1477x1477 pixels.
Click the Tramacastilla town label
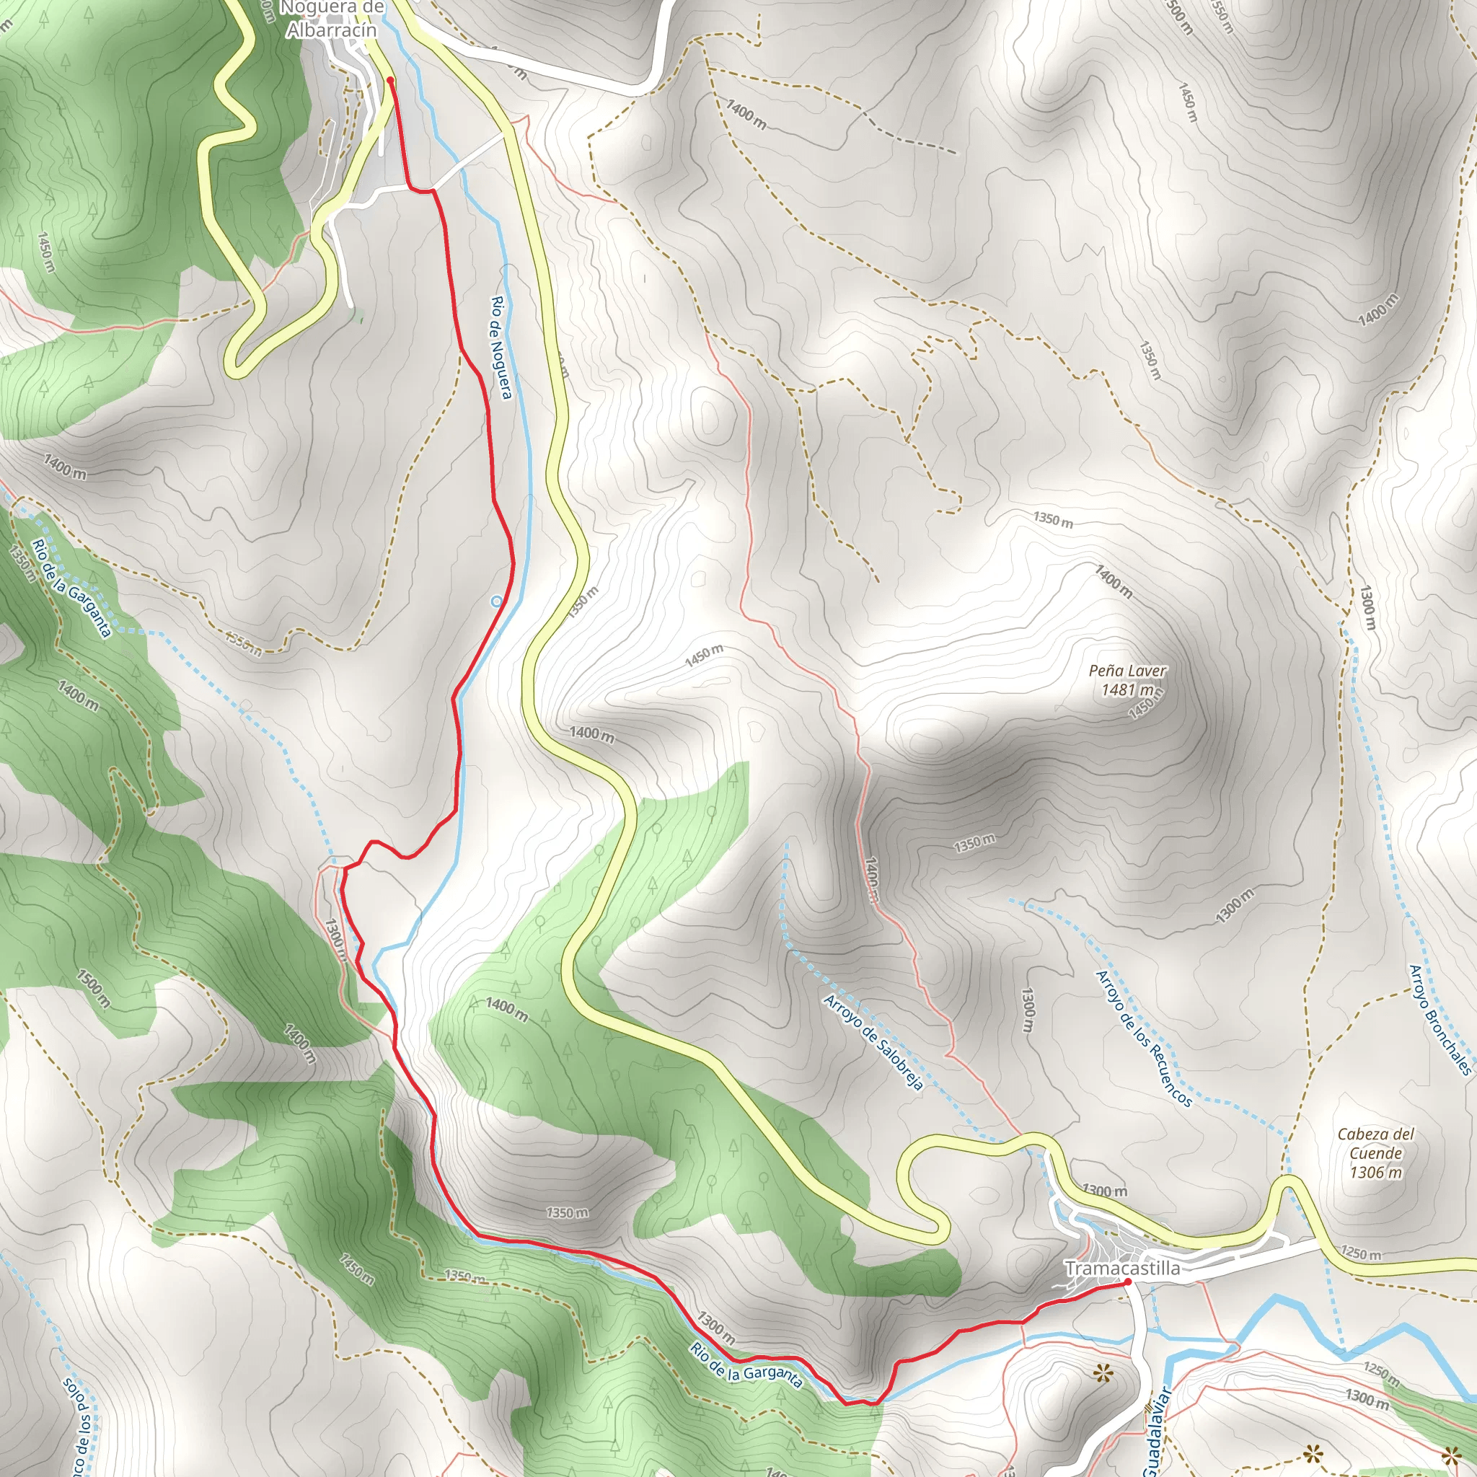tap(1122, 1269)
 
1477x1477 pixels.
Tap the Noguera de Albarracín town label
tap(332, 20)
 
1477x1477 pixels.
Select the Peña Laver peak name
tap(1128, 671)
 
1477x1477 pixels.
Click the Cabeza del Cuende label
tap(1376, 1144)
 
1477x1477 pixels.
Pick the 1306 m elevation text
tap(1376, 1172)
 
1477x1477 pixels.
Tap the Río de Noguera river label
tap(501, 348)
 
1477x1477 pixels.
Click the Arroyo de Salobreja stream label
tap(874, 1042)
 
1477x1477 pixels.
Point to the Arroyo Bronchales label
tap(1440, 1019)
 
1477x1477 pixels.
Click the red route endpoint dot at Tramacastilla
tap(1128, 1282)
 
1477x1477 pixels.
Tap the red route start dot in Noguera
tap(391, 79)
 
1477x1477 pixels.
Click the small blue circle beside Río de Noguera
tap(496, 601)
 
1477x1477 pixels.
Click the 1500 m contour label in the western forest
tap(93, 989)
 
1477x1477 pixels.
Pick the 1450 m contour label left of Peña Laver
tap(703, 655)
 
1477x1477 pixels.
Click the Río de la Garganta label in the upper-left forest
tap(72, 588)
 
